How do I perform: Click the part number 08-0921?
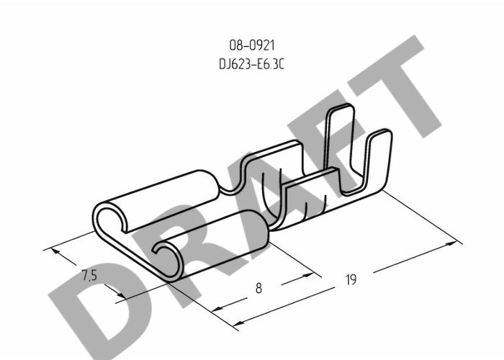pos(252,45)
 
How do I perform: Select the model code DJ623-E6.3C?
pos(252,64)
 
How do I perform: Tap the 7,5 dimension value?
pos(89,276)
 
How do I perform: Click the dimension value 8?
pos(258,288)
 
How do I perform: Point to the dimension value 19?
pos(351,279)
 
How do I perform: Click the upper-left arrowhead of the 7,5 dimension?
pos(56,251)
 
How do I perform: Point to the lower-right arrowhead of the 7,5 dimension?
pos(121,294)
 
